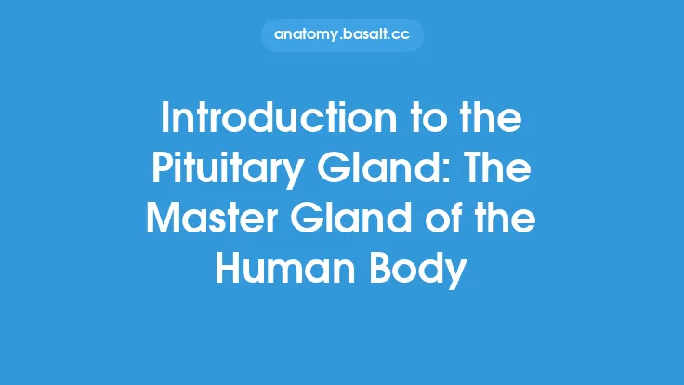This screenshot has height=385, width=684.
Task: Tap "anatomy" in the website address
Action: (x=307, y=35)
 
